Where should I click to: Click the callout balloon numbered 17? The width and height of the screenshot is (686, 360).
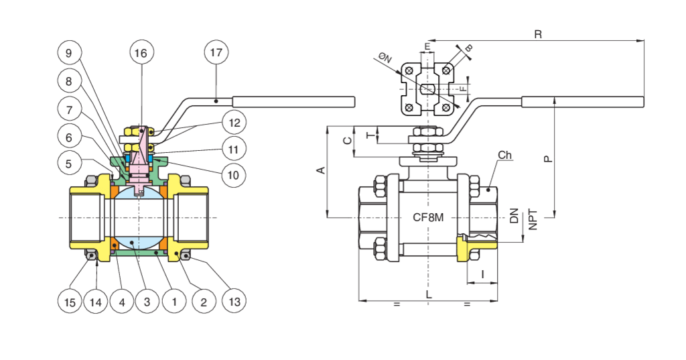(216, 53)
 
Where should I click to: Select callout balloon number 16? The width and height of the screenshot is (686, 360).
(142, 53)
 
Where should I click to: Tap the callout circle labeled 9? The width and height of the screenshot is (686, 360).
(69, 53)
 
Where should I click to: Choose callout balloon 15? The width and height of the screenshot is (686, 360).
(70, 302)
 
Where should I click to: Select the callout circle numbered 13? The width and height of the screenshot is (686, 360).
(234, 302)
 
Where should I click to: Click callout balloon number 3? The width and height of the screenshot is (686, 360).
(147, 302)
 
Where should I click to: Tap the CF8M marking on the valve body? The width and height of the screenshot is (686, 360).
(429, 218)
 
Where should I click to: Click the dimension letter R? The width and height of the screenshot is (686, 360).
(537, 34)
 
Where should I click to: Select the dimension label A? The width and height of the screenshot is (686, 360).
(320, 171)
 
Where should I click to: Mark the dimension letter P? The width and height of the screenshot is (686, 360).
(547, 158)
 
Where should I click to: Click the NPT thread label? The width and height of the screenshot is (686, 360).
(533, 219)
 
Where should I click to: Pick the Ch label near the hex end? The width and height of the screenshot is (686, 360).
(505, 156)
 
